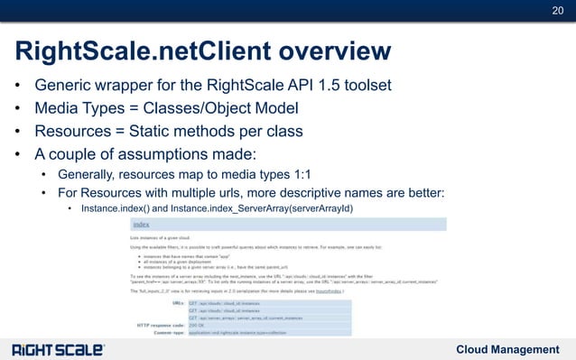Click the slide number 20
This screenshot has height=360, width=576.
click(x=557, y=11)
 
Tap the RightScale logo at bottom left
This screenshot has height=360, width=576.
click(x=58, y=349)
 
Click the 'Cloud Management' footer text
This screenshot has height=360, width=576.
click(x=507, y=349)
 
